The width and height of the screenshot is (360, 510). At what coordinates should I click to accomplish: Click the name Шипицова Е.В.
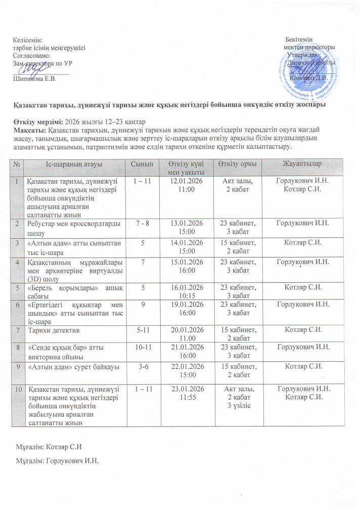click(x=34, y=79)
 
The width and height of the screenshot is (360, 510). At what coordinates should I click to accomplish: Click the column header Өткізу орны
click(x=241, y=165)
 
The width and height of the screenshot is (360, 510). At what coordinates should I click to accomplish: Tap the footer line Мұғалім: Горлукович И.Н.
click(x=56, y=461)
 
